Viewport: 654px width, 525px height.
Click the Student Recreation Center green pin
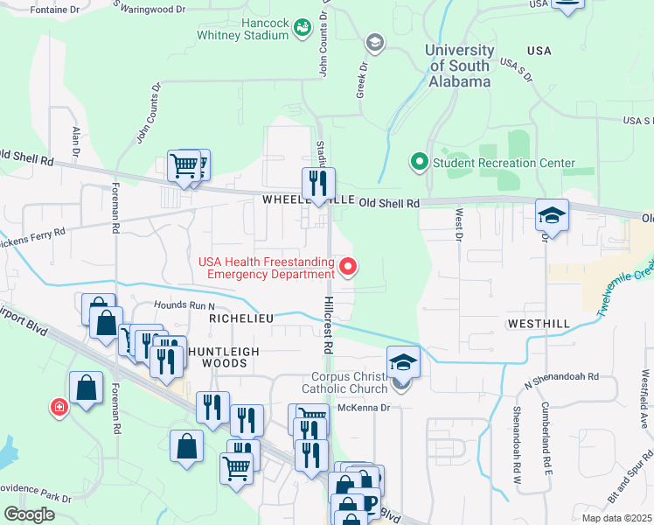click(419, 163)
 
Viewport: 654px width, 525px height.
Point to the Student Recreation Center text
click(504, 163)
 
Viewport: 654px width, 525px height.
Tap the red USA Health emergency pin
click(349, 267)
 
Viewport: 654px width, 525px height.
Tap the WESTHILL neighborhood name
click(539, 324)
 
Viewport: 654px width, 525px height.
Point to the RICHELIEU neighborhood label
click(241, 319)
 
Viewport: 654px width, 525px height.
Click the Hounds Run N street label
click(184, 305)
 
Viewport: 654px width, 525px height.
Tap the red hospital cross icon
click(59, 407)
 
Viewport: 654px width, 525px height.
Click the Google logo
click(29, 514)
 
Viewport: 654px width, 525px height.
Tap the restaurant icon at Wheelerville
click(318, 184)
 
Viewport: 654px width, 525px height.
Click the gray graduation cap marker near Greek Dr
click(375, 42)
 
